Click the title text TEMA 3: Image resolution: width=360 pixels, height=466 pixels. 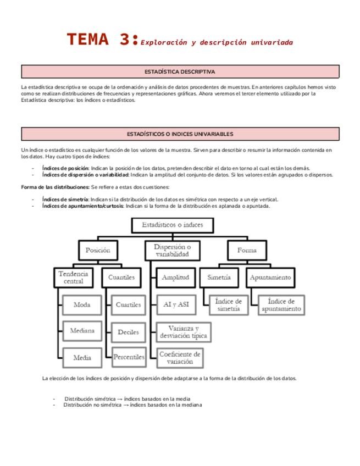pos(102,40)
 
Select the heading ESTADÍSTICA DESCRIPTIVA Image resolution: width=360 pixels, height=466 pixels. pos(180,72)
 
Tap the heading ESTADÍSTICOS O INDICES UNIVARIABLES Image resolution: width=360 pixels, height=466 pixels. pos(180,134)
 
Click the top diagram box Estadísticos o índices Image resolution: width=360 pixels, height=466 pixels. pos(172,225)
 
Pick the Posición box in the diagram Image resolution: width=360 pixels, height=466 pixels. pos(98,250)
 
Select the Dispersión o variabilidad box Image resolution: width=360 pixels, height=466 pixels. pos(172,251)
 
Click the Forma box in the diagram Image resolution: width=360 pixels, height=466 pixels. pos(247,250)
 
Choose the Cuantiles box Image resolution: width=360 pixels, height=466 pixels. pos(121,278)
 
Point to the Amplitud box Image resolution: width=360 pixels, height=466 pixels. pos(175,278)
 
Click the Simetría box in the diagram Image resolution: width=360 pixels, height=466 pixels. pos(219,278)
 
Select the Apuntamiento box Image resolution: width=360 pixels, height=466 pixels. pos(270,278)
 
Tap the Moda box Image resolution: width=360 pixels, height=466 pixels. pos(82,304)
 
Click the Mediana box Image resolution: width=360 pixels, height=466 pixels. pos(82,331)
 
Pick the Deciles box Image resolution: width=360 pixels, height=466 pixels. pos(129,332)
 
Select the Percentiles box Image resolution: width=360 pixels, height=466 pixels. pos(129,357)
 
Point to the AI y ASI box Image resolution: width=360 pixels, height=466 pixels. pos(175,304)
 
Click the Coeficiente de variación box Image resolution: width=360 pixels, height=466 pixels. pos(180,358)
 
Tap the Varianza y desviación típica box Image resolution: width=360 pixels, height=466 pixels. pos(183,331)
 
